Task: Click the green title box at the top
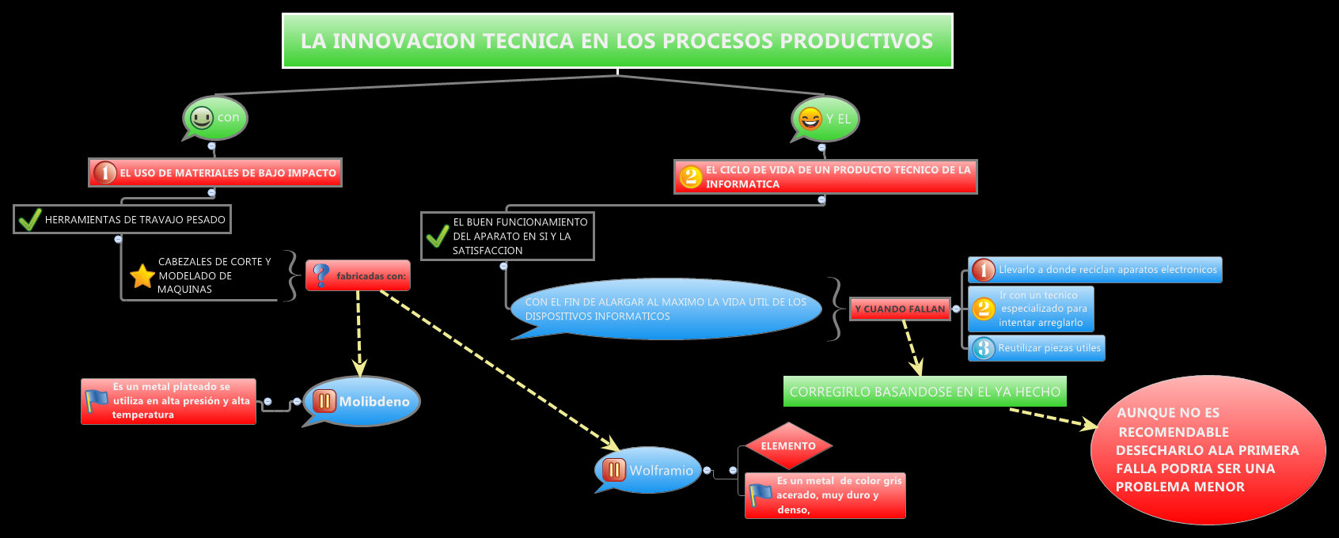pyautogui.click(x=617, y=40)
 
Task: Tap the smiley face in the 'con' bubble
pyautogui.click(x=202, y=118)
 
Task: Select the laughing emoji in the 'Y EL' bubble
pyautogui.click(x=810, y=119)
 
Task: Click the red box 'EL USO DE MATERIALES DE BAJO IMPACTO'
pyautogui.click(x=215, y=172)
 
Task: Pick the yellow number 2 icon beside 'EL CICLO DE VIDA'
pyautogui.click(x=691, y=176)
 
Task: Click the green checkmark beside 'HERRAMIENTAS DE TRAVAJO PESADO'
pyautogui.click(x=29, y=219)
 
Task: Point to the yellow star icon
pyautogui.click(x=142, y=276)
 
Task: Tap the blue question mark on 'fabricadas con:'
pyautogui.click(x=321, y=275)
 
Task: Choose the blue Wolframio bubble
pyautogui.click(x=649, y=470)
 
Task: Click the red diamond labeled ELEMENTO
pyautogui.click(x=788, y=446)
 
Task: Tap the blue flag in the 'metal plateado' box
pyautogui.click(x=97, y=401)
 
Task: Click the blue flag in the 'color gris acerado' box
pyautogui.click(x=761, y=495)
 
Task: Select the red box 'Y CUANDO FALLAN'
pyautogui.click(x=900, y=309)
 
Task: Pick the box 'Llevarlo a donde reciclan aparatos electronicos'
pyautogui.click(x=1095, y=270)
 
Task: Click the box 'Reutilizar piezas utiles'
pyautogui.click(x=1037, y=348)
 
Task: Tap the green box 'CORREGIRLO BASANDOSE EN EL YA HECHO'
pyautogui.click(x=924, y=392)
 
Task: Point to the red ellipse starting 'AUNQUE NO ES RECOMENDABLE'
pyautogui.click(x=1208, y=449)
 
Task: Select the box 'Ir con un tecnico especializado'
pyautogui.click(x=1031, y=309)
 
